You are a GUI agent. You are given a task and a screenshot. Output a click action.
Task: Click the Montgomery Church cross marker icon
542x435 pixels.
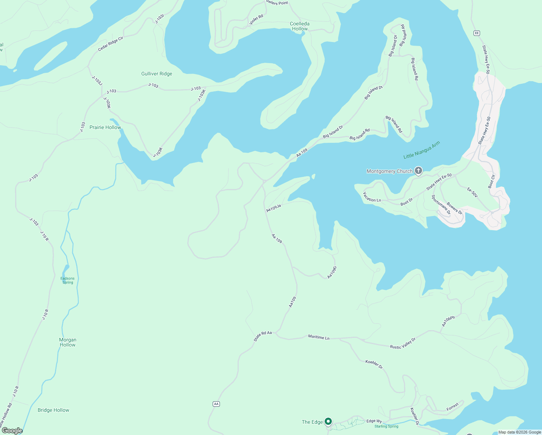(418, 171)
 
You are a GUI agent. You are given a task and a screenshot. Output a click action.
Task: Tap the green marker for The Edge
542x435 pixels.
(328, 421)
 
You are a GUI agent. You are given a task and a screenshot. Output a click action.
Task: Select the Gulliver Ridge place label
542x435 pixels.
(157, 74)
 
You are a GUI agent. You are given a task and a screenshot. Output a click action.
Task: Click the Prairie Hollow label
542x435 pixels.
(105, 127)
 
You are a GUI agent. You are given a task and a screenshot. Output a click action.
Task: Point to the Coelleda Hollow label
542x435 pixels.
(300, 26)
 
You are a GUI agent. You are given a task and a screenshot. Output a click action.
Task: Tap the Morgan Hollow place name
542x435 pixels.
(68, 342)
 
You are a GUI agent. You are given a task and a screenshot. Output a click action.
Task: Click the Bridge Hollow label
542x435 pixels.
(53, 410)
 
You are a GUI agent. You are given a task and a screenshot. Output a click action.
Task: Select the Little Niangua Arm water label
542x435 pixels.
(422, 150)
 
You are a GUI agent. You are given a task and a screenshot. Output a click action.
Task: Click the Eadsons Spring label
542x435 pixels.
(67, 280)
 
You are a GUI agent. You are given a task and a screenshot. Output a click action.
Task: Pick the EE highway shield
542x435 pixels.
(477, 33)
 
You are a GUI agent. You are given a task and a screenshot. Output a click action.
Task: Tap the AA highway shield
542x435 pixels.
(216, 404)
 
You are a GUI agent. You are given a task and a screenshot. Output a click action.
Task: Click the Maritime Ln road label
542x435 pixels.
(319, 337)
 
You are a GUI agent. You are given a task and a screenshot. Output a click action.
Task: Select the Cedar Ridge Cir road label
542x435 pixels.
(111, 44)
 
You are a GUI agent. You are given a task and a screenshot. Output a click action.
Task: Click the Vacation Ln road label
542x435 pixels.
(372, 197)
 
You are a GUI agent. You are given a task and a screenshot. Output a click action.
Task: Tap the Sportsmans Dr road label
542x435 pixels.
(441, 205)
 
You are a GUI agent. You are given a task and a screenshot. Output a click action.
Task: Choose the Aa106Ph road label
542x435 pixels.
(448, 321)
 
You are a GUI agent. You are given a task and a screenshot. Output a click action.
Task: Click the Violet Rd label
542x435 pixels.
(256, 20)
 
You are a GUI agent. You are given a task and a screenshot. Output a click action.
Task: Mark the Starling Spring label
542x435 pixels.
(386, 426)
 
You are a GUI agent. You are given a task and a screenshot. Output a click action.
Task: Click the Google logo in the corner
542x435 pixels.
(12, 431)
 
